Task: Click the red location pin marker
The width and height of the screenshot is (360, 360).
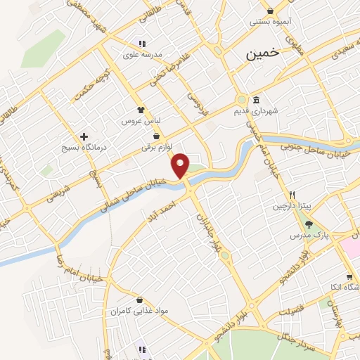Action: coord(181,165)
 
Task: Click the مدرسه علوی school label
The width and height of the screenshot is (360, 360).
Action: coord(143,54)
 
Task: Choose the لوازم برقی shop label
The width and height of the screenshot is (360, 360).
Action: coord(156,147)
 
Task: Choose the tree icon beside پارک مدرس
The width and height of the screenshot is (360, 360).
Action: coord(309,224)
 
